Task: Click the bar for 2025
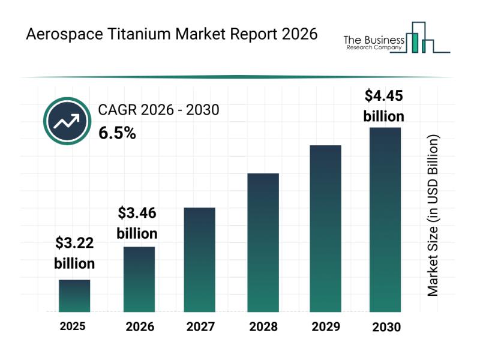[x=74, y=296]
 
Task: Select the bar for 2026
[x=139, y=279]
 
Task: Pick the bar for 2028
[x=263, y=242]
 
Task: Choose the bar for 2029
[x=325, y=228]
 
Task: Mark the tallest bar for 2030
[x=385, y=220]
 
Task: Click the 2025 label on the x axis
[x=73, y=327]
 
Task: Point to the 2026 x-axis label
[x=140, y=328]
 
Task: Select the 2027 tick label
[x=201, y=328]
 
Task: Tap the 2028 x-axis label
[x=263, y=328]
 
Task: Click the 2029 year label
[x=325, y=328]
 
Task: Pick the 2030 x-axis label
[x=386, y=328]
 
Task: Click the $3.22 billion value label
[x=75, y=253]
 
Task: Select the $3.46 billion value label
[x=137, y=223]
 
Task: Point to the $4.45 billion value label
[x=384, y=106]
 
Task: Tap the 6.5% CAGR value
[x=117, y=133]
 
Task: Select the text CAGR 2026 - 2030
[x=158, y=110]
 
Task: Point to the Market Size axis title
[x=433, y=215]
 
